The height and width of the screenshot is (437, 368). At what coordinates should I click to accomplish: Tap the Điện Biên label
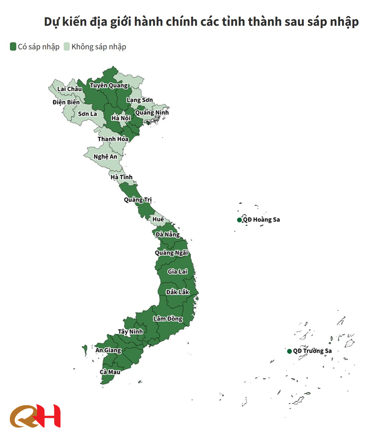pyautogui.click(x=66, y=102)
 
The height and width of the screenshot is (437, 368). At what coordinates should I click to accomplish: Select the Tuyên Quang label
pyautogui.click(x=108, y=86)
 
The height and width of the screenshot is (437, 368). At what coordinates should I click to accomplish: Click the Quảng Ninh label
pyautogui.click(x=152, y=112)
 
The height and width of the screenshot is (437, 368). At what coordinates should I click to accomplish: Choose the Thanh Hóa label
pyautogui.click(x=113, y=139)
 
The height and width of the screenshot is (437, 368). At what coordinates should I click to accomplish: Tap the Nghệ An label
pyautogui.click(x=105, y=156)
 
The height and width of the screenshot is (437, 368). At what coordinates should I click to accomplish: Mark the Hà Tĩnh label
pyautogui.click(x=121, y=177)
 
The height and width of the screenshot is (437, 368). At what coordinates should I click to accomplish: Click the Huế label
pyautogui.click(x=158, y=219)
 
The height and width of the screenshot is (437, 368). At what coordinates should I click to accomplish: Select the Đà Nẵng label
pyautogui.click(x=167, y=235)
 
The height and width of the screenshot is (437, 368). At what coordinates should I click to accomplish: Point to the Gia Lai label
pyautogui.click(x=177, y=271)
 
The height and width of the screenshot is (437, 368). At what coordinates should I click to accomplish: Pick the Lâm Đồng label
pyautogui.click(x=168, y=319)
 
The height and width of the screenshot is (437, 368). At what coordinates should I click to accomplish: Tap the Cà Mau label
pyautogui.click(x=110, y=372)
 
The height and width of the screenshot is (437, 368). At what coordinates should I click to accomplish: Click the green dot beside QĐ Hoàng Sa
pyautogui.click(x=239, y=220)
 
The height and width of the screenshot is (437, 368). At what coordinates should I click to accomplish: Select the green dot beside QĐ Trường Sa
pyautogui.click(x=289, y=351)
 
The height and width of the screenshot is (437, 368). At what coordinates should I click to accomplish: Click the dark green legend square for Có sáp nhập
pyautogui.click(x=13, y=47)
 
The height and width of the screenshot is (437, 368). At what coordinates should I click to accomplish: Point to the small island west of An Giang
pyautogui.click(x=85, y=350)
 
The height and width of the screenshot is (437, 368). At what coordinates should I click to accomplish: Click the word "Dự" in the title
pyautogui.click(x=52, y=22)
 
